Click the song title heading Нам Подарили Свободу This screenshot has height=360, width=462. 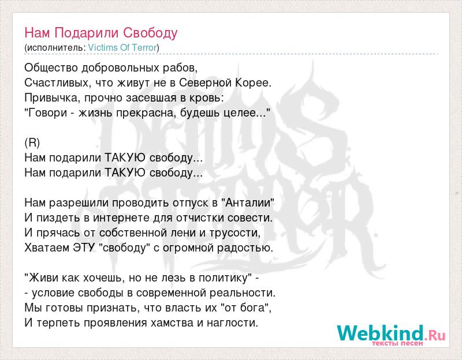[x=100, y=33]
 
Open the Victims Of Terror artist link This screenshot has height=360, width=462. [x=122, y=48]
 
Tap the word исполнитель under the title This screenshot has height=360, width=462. [x=55, y=48]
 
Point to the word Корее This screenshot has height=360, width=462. [x=252, y=83]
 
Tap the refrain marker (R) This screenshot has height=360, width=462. [x=32, y=142]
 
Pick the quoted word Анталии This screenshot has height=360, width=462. [x=248, y=203]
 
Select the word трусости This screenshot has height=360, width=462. [x=235, y=233]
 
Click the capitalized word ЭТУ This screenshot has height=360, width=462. [x=84, y=248]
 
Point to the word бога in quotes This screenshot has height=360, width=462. [x=253, y=308]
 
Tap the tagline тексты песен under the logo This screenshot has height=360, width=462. [x=397, y=343]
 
